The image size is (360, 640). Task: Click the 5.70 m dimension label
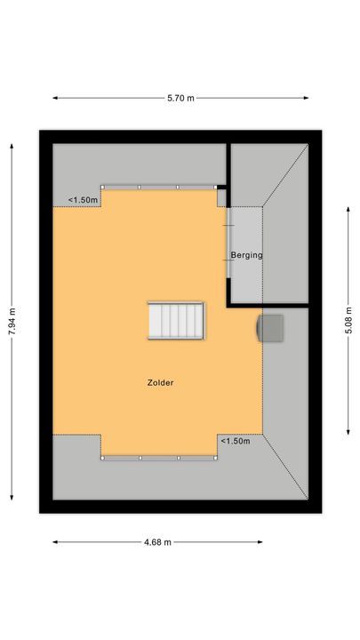180,98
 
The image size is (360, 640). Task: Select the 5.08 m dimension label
348,316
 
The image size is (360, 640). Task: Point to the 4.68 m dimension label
158,542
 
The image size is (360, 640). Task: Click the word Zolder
160,383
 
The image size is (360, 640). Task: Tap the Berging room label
246,256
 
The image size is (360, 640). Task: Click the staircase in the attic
176,321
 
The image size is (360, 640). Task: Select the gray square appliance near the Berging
270,327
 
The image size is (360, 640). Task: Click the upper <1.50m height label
84,200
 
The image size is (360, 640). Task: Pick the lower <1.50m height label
236,441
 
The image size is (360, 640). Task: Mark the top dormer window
160,187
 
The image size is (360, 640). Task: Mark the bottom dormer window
160,457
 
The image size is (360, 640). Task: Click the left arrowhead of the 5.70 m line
54,98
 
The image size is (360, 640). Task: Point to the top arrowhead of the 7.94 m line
12,142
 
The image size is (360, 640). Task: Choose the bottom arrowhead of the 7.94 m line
12,499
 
